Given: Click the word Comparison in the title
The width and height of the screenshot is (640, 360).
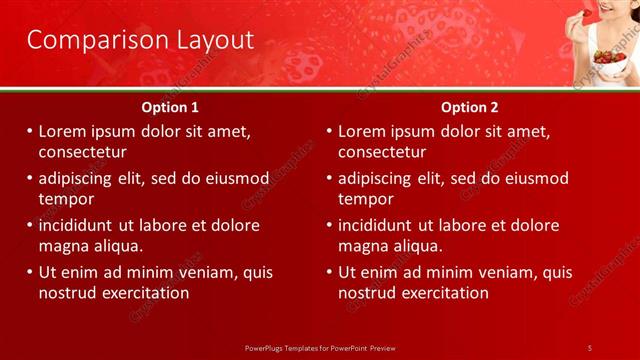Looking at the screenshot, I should [x=82, y=40].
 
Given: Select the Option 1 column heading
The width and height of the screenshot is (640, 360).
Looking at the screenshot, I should [x=171, y=107].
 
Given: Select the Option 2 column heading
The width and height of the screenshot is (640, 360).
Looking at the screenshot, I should [x=469, y=107].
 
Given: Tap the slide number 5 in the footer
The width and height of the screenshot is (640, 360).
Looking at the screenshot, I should [x=589, y=347].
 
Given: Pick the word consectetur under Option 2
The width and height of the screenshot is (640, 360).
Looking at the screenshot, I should [x=382, y=152].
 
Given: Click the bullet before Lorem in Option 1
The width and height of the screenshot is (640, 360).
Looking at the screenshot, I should [x=30, y=132].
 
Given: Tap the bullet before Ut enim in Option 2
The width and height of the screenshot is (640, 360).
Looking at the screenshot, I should [x=329, y=272].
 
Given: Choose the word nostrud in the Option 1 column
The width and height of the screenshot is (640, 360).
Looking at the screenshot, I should [x=68, y=293].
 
